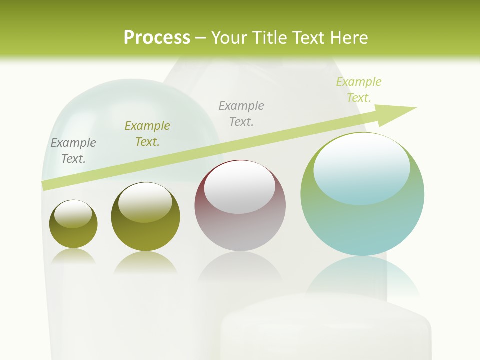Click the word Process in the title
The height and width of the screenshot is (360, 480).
click(x=157, y=38)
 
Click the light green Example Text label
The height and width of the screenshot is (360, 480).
click(x=358, y=90)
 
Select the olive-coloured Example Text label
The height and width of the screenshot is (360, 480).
click(x=147, y=134)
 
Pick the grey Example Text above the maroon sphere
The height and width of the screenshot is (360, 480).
click(x=241, y=113)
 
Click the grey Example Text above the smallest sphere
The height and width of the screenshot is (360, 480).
click(x=73, y=150)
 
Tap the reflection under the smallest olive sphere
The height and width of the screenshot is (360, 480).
click(x=73, y=257)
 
